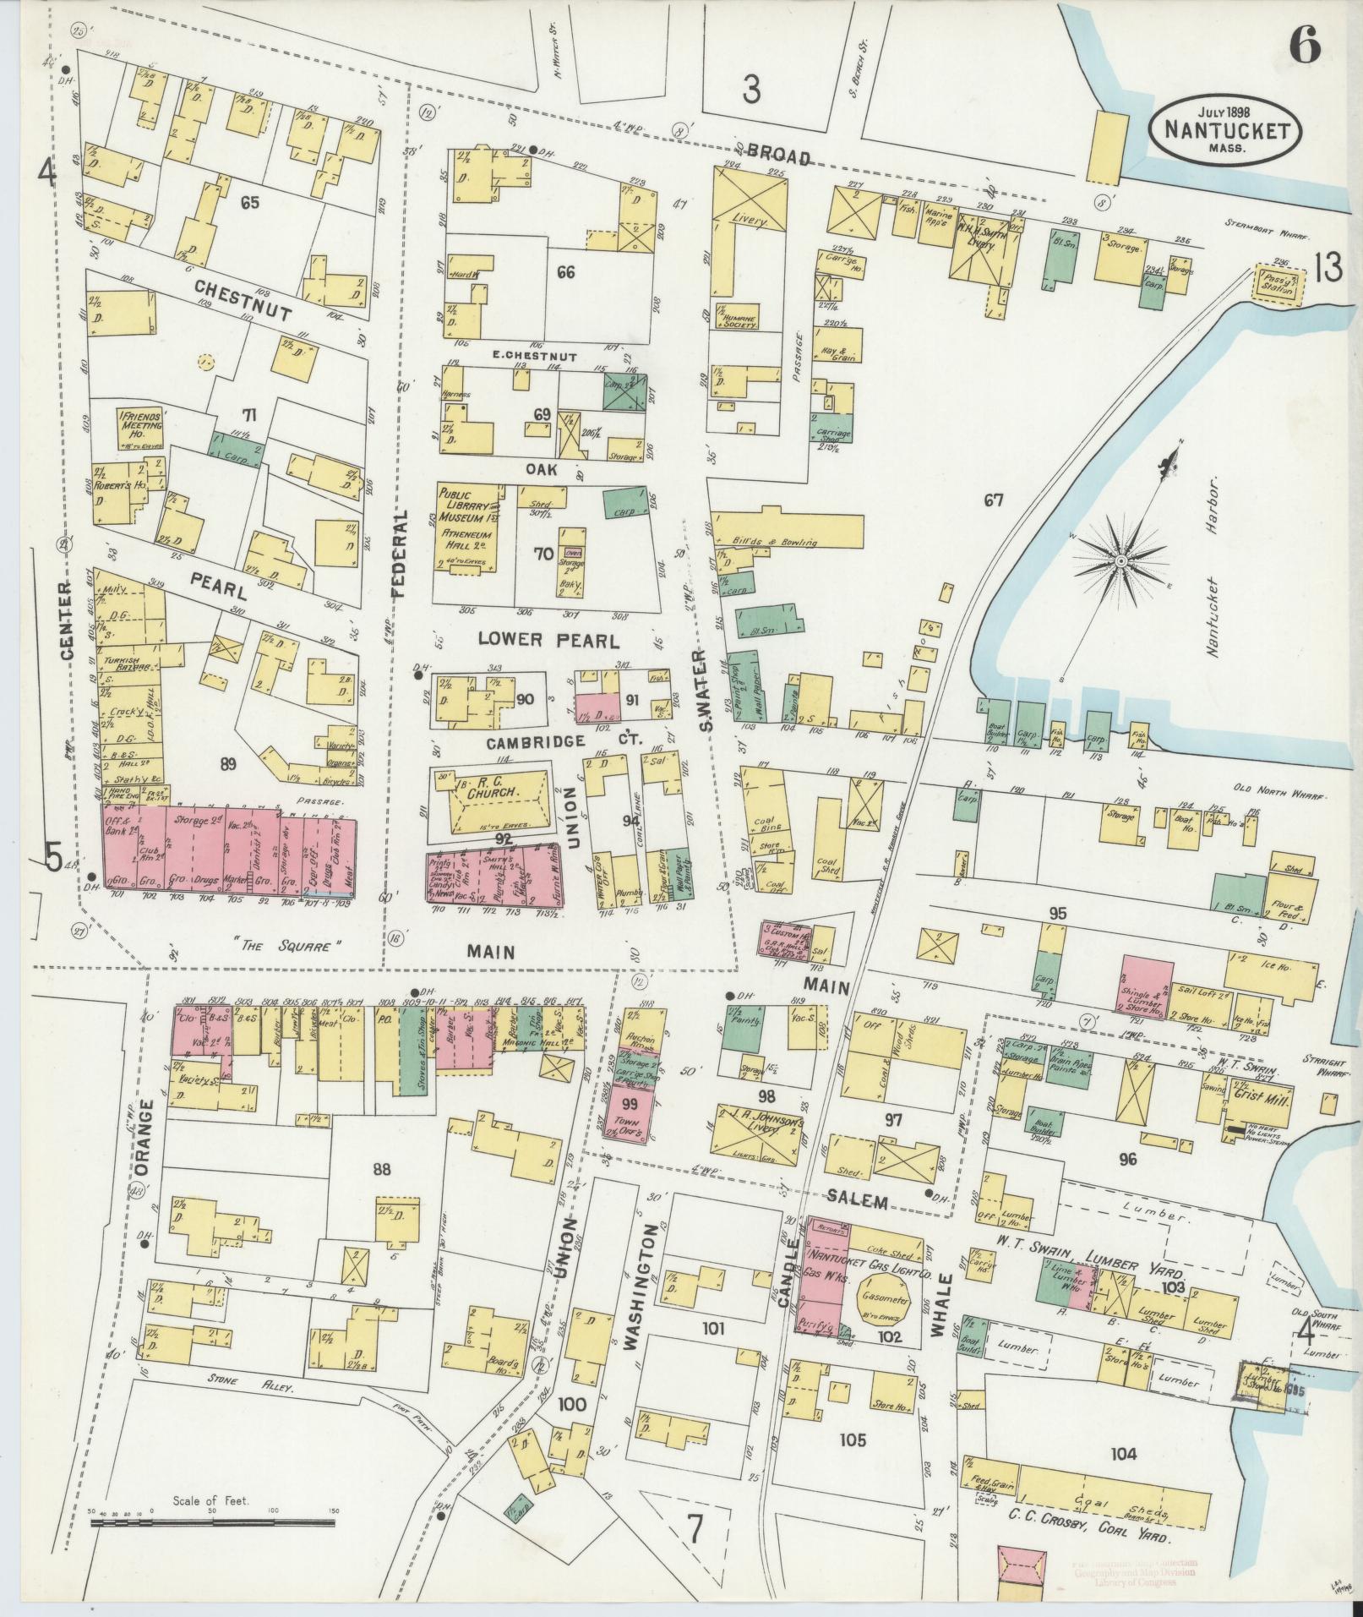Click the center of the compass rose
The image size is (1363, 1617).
point(1120,561)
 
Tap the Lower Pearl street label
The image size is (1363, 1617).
point(548,640)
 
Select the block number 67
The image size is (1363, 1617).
point(993,500)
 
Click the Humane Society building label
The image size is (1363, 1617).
point(735,318)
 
